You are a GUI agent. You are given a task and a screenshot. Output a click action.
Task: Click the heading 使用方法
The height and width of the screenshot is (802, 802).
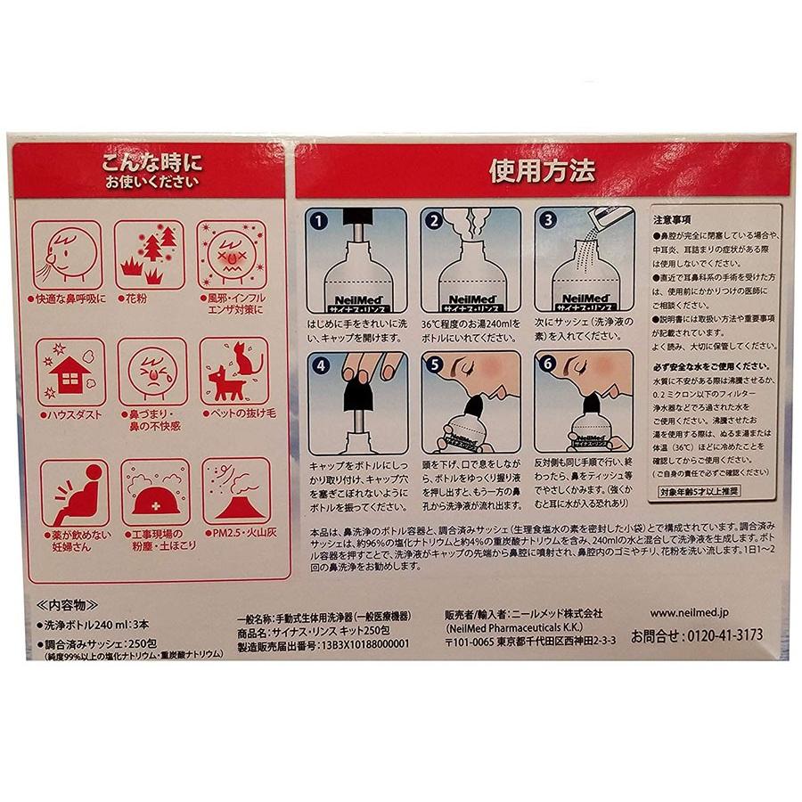[541, 171]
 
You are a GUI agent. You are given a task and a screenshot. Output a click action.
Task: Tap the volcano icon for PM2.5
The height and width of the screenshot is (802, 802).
[234, 492]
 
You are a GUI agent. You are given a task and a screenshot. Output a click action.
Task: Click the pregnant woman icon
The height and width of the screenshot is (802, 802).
[69, 493]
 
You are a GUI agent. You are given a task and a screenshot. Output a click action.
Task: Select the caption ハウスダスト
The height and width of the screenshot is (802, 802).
[70, 415]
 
